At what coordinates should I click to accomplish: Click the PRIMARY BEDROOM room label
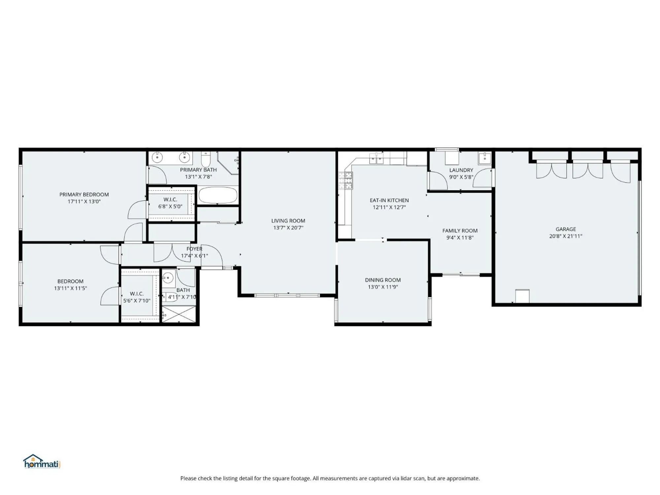click(84, 194)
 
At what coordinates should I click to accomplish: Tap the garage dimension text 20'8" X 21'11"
click(566, 236)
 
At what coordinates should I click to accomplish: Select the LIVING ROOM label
click(288, 220)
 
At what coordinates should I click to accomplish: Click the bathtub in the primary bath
click(218, 195)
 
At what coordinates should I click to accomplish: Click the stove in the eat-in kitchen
click(345, 181)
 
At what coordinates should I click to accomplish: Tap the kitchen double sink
click(376, 159)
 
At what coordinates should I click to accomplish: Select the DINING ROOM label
click(383, 280)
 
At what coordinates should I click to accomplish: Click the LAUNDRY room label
click(461, 170)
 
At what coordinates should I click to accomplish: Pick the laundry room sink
click(484, 158)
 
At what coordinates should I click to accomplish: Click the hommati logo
click(42, 462)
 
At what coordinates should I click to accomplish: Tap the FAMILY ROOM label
click(460, 230)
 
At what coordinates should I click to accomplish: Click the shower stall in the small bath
click(179, 314)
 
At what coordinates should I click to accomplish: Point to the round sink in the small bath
click(168, 278)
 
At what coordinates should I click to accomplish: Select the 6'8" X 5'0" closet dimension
click(170, 207)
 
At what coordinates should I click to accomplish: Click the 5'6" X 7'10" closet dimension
click(137, 301)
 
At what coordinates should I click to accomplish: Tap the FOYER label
click(194, 249)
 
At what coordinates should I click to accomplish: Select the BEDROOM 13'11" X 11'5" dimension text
click(70, 288)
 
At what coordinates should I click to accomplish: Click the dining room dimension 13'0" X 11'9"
click(383, 287)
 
